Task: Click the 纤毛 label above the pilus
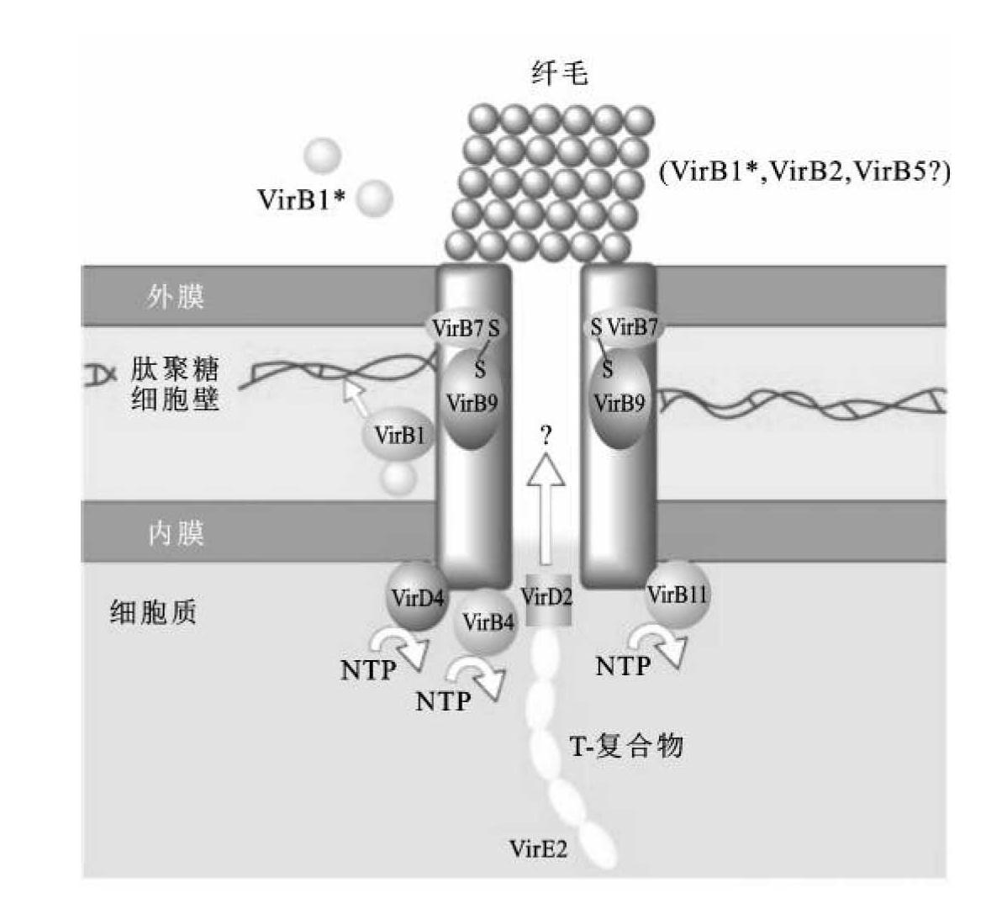coord(559,73)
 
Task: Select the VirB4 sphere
coord(488,622)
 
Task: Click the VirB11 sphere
coord(677,595)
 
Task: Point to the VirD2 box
coord(547,600)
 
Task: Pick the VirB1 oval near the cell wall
coord(400,435)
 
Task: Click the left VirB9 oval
coord(472,402)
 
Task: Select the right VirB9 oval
coord(619,402)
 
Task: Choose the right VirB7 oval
coord(625,327)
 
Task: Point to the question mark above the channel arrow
coord(547,435)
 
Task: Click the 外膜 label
coord(176,296)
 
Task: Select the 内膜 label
coord(176,532)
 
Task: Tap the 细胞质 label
coord(153,611)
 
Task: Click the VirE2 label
coord(538,848)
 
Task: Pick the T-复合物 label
coord(626,745)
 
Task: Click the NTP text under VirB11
coord(623,666)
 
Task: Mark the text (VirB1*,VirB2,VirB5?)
coord(804,172)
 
